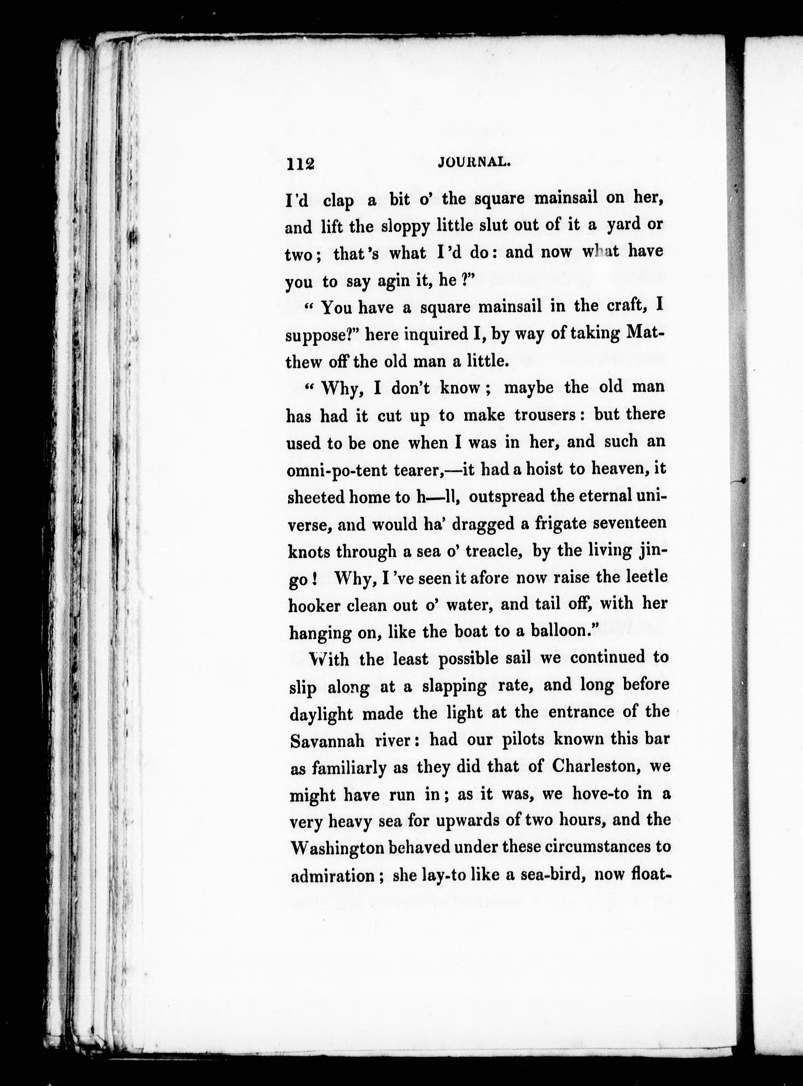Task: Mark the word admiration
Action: (x=333, y=876)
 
